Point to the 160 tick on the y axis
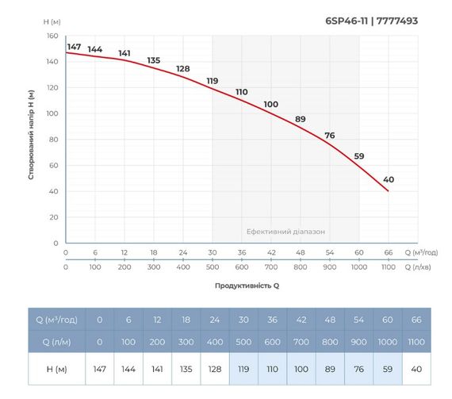click(x=52, y=36)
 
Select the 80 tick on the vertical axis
click(x=54, y=140)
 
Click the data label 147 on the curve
click(x=74, y=47)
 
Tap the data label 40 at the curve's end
click(x=388, y=179)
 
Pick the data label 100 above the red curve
click(x=270, y=105)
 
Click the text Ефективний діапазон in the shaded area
click(x=285, y=232)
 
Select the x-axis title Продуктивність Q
click(x=247, y=284)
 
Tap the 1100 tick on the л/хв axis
click(x=388, y=267)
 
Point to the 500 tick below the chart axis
click(x=212, y=267)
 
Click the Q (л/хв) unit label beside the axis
click(x=421, y=267)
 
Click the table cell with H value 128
click(x=213, y=369)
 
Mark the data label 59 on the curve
click(x=358, y=156)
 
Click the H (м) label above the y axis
click(x=52, y=22)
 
